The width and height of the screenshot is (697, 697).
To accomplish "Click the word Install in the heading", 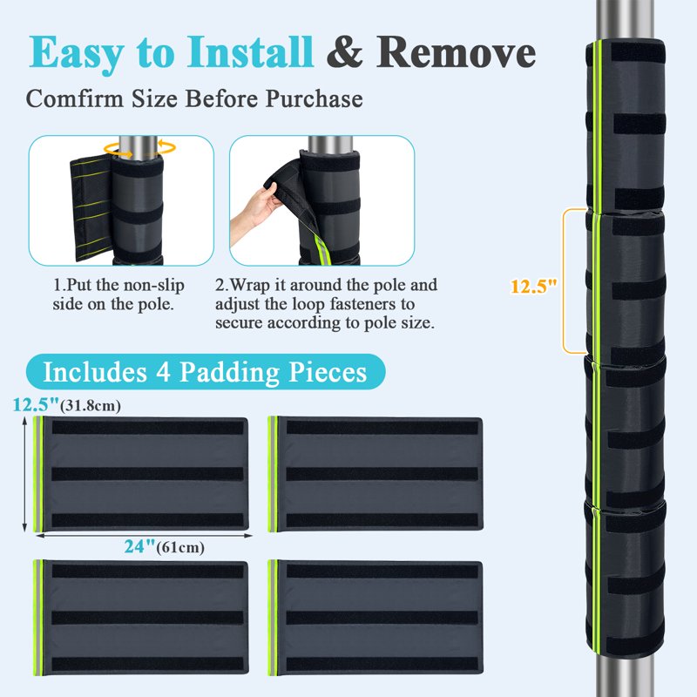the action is (x=250, y=52).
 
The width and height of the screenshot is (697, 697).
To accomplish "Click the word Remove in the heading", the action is (x=456, y=52).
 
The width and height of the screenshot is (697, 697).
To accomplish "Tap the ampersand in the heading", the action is (x=344, y=52).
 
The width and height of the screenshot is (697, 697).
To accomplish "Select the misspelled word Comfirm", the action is (x=75, y=98).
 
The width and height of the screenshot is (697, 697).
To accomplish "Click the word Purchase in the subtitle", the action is (x=314, y=98).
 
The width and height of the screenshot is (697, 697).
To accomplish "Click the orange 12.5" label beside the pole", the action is (x=533, y=287).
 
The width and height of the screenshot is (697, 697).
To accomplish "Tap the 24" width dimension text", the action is (x=140, y=546).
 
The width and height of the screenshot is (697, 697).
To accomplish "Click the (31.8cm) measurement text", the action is (x=91, y=406).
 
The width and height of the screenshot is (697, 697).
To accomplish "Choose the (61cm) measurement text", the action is (x=180, y=547).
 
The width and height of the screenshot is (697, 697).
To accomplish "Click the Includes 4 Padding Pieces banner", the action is (x=206, y=372).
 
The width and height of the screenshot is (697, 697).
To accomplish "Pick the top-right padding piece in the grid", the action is (x=376, y=474).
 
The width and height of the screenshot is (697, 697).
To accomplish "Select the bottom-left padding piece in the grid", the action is (x=140, y=618).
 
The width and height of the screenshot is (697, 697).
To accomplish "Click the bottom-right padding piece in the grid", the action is (x=376, y=618).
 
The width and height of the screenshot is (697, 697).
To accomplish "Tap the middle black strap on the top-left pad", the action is (x=147, y=474).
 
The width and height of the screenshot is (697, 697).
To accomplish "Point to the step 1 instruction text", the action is (x=118, y=294).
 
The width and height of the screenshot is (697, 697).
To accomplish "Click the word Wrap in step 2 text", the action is (x=252, y=285).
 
